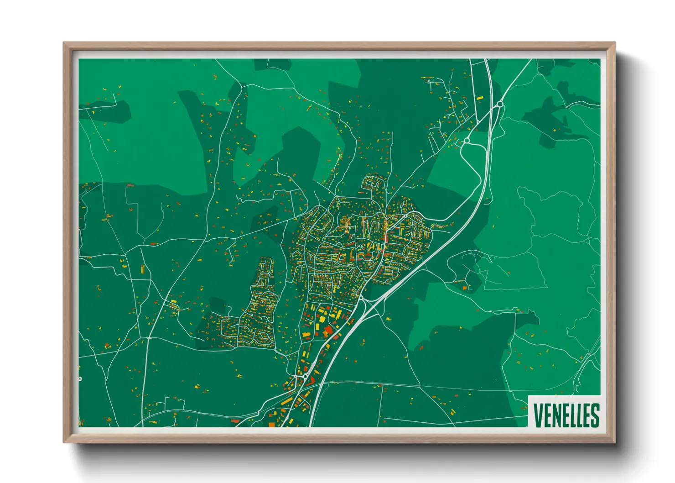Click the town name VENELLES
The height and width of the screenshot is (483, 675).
click(566, 415)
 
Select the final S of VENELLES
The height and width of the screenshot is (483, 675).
click(595, 415)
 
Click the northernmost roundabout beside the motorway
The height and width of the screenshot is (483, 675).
click(500, 105)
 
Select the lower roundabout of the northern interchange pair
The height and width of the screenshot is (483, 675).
click(467, 141)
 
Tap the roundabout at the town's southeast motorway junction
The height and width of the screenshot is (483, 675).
click(360, 298)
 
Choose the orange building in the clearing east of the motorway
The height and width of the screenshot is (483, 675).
click(465, 288)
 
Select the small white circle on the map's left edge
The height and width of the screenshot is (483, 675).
click(80, 379)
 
